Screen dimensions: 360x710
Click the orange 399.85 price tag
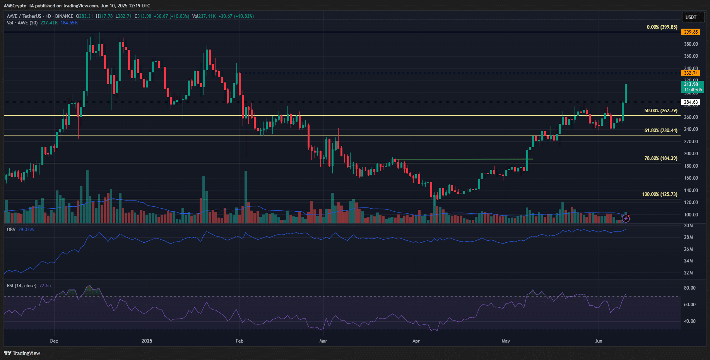(691, 32)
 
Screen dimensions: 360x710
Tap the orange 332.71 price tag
(691, 73)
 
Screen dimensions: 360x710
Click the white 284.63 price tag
(691, 102)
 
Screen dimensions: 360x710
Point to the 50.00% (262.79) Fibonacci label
(661, 111)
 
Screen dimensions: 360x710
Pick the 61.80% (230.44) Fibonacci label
(661, 130)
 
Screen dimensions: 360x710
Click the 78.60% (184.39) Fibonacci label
(661, 158)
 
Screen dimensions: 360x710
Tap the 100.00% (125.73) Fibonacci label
(660, 194)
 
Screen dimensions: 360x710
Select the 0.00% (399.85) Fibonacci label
(662, 27)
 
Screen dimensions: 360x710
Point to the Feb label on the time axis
(240, 341)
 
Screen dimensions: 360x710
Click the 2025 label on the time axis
(147, 341)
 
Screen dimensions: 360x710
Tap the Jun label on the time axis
(599, 341)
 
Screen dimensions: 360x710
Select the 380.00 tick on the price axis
(691, 44)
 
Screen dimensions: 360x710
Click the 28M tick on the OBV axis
(688, 237)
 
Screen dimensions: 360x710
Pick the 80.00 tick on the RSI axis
(689, 288)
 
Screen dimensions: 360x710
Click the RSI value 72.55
(45, 286)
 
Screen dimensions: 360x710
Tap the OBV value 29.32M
(26, 230)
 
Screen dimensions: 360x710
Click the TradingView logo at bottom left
(22, 353)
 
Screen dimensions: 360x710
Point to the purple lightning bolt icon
(626, 219)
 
